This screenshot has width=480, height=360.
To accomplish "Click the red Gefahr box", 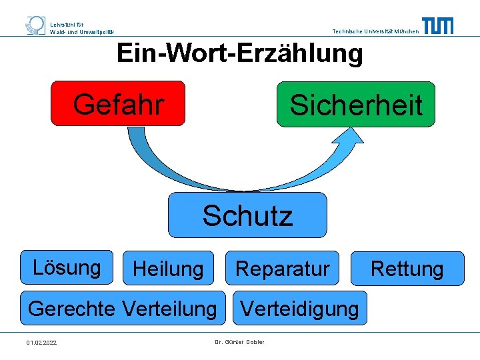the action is (118, 103).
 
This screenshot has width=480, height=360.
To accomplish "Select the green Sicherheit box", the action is (355, 104).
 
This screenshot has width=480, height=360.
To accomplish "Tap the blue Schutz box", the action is (247, 215).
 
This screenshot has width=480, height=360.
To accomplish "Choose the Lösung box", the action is (67, 267).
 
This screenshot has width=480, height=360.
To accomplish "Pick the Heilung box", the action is (168, 269).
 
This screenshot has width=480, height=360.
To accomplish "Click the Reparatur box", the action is (282, 269).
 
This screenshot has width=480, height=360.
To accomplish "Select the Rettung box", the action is (407, 269).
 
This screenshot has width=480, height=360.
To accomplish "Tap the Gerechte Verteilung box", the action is (123, 308).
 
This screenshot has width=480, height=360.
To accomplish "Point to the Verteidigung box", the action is (299, 308).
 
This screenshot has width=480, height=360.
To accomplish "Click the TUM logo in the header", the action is (437, 25).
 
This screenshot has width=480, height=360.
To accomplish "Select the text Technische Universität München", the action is (375, 31).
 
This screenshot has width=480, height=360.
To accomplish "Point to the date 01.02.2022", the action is (41, 343).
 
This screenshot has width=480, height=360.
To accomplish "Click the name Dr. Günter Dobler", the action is (239, 342).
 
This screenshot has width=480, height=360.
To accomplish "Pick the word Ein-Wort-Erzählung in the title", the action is (240, 53).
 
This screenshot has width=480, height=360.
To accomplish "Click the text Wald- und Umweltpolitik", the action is (82, 31).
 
